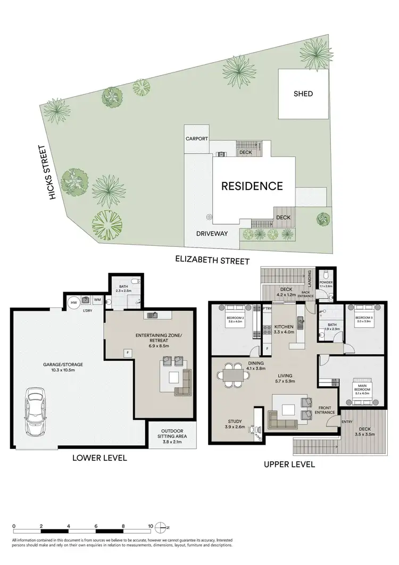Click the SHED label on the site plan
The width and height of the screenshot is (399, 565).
coord(303,94)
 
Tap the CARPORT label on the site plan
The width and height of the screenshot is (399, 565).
coord(196,138)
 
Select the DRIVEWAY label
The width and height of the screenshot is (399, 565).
coord(211,233)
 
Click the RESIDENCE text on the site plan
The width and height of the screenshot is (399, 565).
coord(252,186)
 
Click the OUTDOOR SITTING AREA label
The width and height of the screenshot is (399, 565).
coord(168,436)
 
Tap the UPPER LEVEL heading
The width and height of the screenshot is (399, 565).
coord(289,464)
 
